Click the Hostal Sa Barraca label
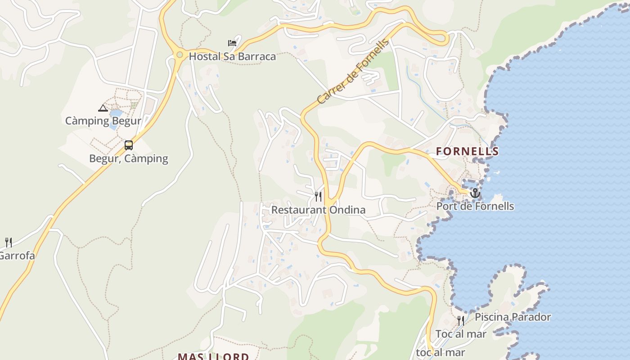point(232,57)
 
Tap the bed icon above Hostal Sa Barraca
point(232,43)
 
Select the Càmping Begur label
point(103,121)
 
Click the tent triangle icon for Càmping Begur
point(103,108)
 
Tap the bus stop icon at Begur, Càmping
point(129,145)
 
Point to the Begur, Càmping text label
point(129,158)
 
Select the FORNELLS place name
point(467,152)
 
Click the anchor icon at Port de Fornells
point(475,193)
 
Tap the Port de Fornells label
point(475,207)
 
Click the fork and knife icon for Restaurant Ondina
point(318,197)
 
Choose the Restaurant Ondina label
point(318,210)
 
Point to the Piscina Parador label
point(513,317)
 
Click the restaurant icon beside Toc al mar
point(460,321)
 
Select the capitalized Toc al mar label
point(461,334)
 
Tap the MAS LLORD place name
point(213,356)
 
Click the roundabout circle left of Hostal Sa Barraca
point(180,55)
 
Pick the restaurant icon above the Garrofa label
point(8,243)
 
